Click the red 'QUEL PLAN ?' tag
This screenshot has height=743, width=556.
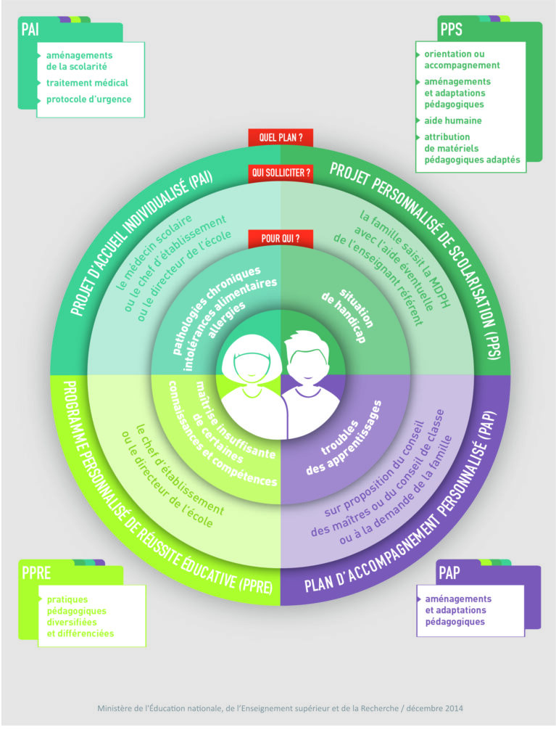point(281,136)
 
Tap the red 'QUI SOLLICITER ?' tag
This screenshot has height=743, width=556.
point(281,173)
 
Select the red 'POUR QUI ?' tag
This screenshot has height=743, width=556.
point(281,237)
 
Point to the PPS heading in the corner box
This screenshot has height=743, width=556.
point(451,30)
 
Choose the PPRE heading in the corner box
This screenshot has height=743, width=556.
point(36,573)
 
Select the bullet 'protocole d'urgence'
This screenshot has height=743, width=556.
point(88,99)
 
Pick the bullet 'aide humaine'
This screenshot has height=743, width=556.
point(453,120)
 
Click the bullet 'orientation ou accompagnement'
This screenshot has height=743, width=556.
point(462,59)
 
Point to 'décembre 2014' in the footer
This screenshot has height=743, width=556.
point(433,707)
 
